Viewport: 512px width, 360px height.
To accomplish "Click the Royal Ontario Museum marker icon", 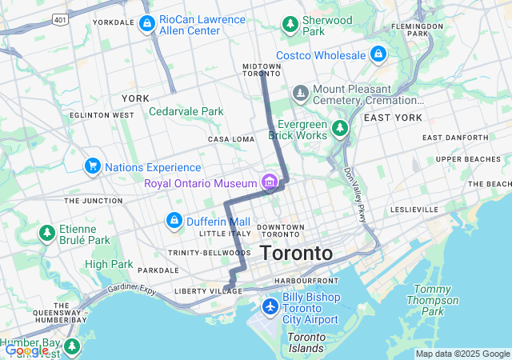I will click(270, 181).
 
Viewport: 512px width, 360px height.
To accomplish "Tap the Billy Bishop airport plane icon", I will click(270, 306).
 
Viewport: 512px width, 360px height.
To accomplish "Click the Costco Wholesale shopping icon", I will click(378, 54).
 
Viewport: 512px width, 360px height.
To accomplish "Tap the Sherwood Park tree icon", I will click(290, 25).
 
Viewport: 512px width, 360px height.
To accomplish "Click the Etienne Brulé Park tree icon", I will click(46, 233).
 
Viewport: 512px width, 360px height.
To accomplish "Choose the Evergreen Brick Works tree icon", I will click(340, 128).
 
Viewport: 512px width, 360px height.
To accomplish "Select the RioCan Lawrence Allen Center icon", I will click(146, 24).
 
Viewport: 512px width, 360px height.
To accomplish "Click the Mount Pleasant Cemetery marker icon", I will click(301, 94).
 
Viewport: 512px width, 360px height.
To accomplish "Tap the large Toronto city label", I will click(296, 253).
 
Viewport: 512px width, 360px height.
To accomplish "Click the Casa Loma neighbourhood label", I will click(230, 139).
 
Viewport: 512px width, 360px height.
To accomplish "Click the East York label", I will click(392, 118).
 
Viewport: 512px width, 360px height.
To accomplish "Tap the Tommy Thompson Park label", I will click(437, 300).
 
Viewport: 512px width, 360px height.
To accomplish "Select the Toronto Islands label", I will click(306, 342).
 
